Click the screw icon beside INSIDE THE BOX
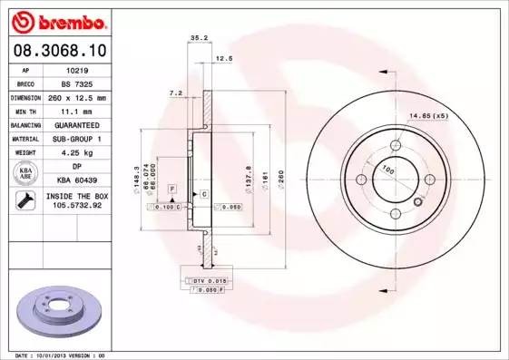pos(25,201)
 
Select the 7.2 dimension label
pos(176,92)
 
